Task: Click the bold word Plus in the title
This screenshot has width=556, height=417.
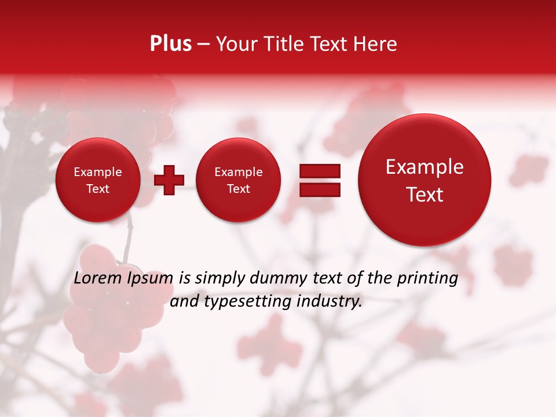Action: pyautogui.click(x=170, y=44)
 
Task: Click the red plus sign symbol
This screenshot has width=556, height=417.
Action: pyautogui.click(x=169, y=180)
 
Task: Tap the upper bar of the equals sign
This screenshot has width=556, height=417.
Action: pyautogui.click(x=319, y=171)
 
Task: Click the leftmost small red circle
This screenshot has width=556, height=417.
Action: pyautogui.click(x=97, y=180)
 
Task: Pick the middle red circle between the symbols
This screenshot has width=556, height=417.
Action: pyautogui.click(x=238, y=180)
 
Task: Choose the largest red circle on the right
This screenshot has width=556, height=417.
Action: pyautogui.click(x=425, y=180)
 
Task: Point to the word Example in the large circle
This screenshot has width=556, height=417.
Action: pyautogui.click(x=425, y=167)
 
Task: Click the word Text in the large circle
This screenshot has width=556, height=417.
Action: pyautogui.click(x=425, y=195)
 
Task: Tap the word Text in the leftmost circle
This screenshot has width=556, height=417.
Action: pyautogui.click(x=97, y=189)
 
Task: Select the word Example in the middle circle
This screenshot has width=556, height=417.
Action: pyautogui.click(x=238, y=172)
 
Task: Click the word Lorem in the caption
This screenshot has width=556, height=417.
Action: pyautogui.click(x=95, y=278)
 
